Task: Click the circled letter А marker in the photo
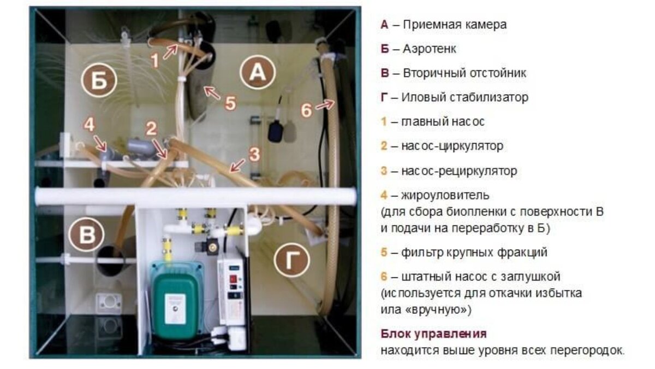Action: click(x=259, y=74)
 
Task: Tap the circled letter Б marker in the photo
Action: click(x=99, y=81)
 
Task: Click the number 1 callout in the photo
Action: click(x=156, y=59)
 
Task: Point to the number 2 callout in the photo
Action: click(x=151, y=129)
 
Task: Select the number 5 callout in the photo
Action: click(x=231, y=103)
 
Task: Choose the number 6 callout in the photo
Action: click(x=307, y=110)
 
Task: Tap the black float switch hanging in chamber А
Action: click(x=275, y=131)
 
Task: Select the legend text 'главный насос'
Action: click(x=443, y=121)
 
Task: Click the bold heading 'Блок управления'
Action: click(x=433, y=333)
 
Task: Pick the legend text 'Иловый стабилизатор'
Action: click(x=465, y=97)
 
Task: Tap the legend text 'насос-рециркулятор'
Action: click(x=458, y=171)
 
